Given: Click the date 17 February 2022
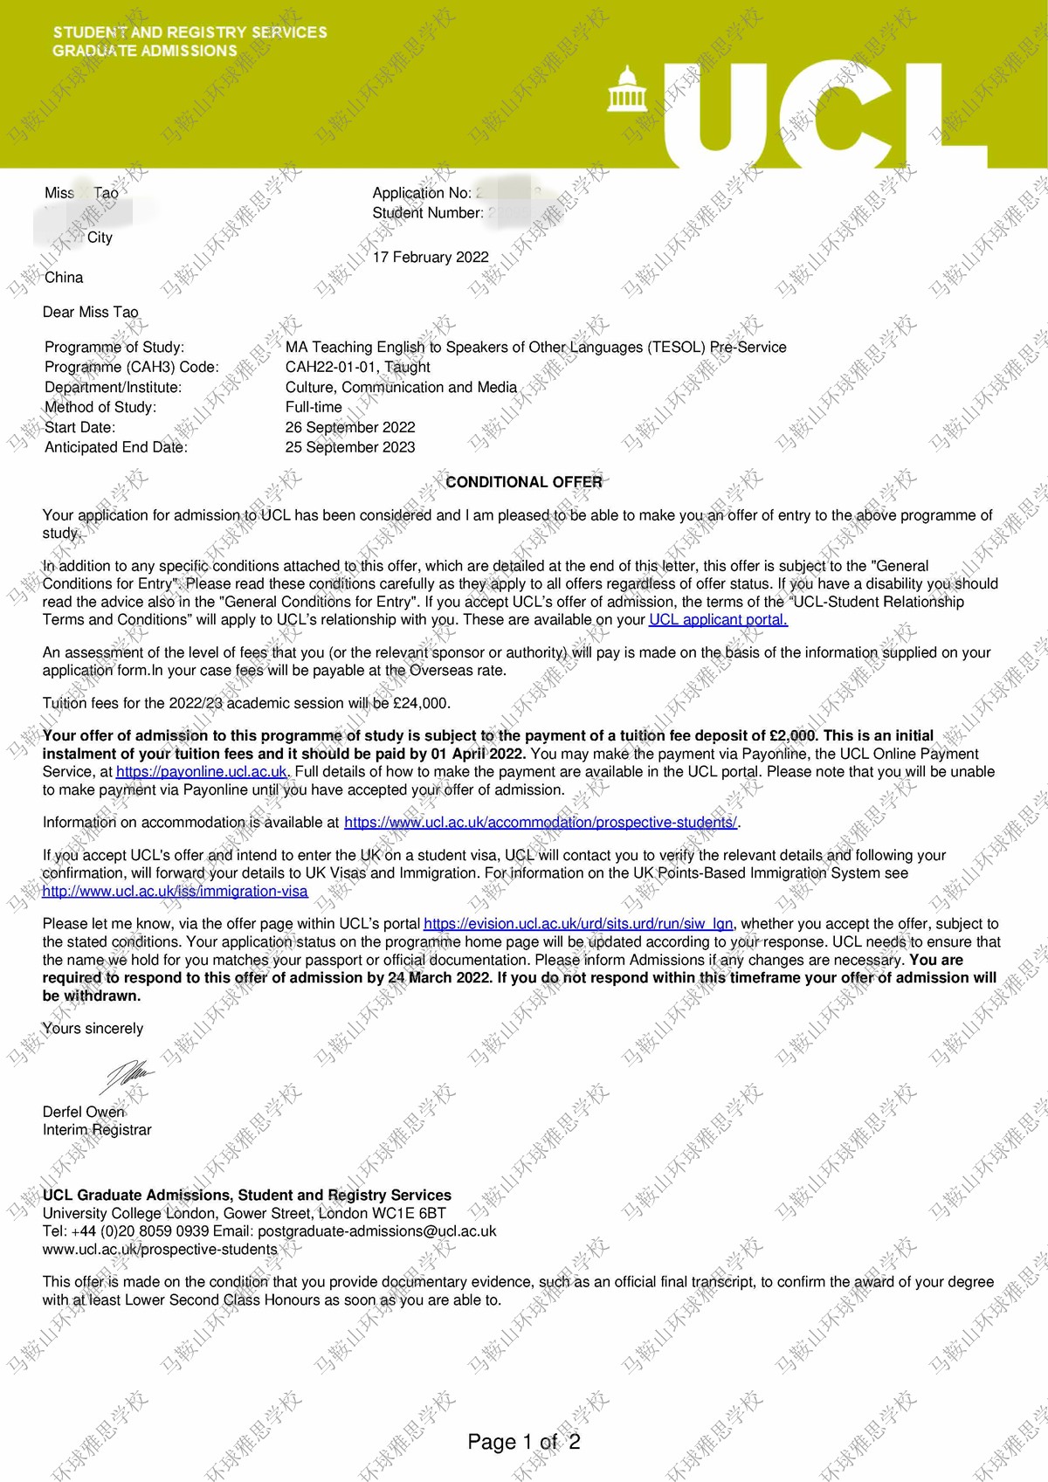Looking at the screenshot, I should tap(431, 257).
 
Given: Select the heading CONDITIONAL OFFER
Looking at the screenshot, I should tap(524, 482).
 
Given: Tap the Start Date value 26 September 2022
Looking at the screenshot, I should tap(350, 427).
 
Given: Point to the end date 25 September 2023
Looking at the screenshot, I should tap(350, 447).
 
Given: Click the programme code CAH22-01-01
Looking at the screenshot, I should tap(331, 367).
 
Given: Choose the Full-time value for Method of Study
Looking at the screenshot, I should tap(314, 407).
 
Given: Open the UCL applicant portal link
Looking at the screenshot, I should tap(718, 620).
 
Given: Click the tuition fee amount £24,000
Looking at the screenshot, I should tap(422, 703).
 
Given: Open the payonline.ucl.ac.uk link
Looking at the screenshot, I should tap(202, 772).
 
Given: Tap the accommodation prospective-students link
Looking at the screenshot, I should tap(541, 823).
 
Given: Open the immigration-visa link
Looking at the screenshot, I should tap(175, 892).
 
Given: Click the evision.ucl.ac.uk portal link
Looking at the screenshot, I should tap(578, 924).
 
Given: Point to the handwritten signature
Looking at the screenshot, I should tap(128, 1075).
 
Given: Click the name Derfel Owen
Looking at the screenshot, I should tap(84, 1112).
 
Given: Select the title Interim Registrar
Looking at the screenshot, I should tap(97, 1130).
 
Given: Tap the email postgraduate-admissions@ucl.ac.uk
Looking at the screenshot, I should tap(376, 1231).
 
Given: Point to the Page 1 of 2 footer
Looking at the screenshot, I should tap(524, 1441).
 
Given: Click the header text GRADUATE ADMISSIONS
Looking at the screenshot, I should tap(145, 51).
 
